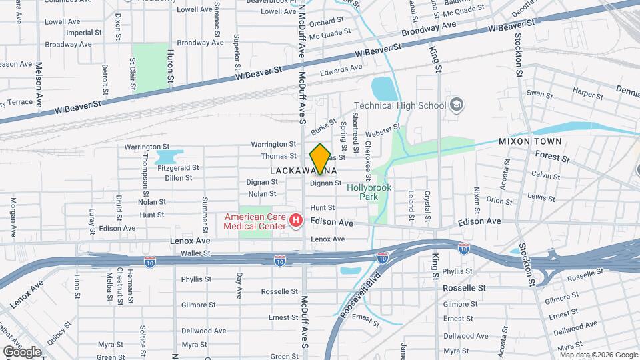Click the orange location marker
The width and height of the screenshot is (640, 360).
320,159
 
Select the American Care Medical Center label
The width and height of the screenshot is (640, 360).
255,221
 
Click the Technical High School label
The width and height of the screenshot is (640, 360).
399,105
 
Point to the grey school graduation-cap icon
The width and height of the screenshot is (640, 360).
457,105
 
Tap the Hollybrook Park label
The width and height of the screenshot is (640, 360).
367,193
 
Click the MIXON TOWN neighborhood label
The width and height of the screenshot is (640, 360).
530,141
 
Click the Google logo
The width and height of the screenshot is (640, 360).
22,351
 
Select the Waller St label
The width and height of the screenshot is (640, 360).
195,253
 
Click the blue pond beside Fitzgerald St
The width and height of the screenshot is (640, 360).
167,157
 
